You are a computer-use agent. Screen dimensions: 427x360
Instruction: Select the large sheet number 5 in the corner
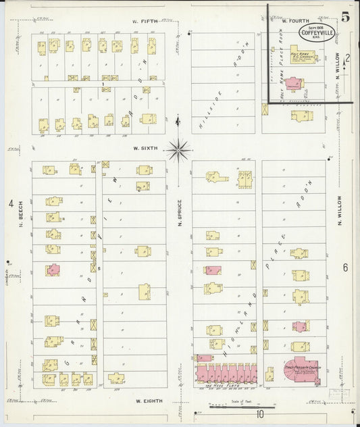coord(344,17)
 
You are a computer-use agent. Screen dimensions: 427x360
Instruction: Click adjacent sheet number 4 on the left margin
coord(11,203)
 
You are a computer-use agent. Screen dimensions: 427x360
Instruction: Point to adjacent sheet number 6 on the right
coord(345,268)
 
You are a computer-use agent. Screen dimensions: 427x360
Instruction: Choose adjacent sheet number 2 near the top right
coord(347,58)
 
